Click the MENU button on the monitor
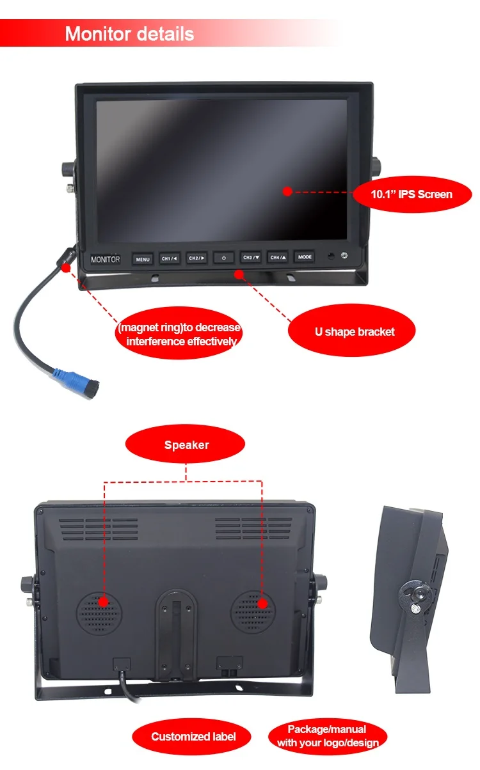click(x=143, y=259)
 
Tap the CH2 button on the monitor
click(x=196, y=258)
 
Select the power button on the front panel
click(x=223, y=258)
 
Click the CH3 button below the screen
click(x=250, y=258)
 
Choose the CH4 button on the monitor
click(x=278, y=257)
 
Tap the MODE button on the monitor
click(x=305, y=257)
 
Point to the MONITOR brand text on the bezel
click(x=105, y=260)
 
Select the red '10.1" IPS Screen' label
click(x=412, y=194)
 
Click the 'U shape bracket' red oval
click(x=354, y=332)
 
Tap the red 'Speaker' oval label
click(x=186, y=444)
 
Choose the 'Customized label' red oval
click(x=193, y=737)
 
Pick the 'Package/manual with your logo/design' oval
click(x=328, y=736)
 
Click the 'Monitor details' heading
click(x=129, y=33)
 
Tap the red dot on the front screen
click(x=287, y=191)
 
